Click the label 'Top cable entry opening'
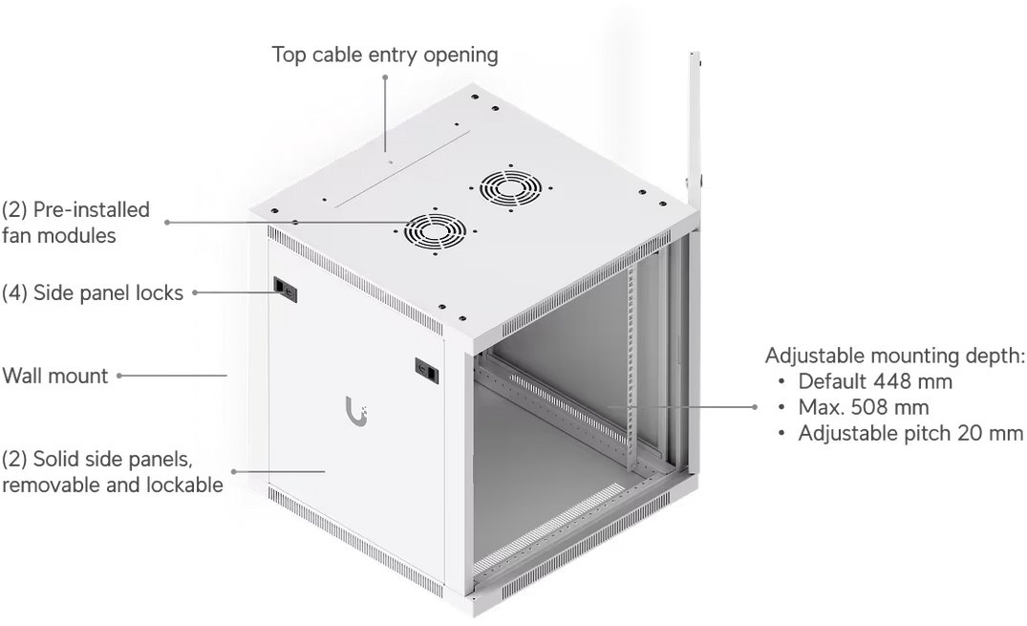[385, 55]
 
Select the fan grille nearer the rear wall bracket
[510, 188]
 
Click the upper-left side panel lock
[285, 289]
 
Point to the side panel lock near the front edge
[427, 371]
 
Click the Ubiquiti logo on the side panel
[356, 411]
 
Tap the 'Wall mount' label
[55, 377]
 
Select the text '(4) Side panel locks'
[93, 293]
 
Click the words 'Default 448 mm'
[875, 381]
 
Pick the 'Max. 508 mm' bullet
[864, 408]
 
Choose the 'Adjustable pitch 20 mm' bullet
[910, 433]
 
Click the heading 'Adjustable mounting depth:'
[895, 356]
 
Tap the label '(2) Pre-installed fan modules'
[76, 223]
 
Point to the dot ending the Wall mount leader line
[119, 376]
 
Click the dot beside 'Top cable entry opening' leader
[385, 77]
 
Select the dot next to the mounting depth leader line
[755, 407]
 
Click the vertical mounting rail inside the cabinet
[631, 367]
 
